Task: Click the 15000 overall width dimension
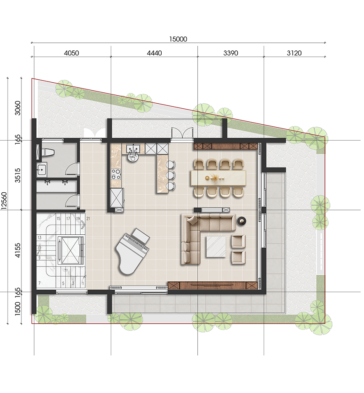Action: click(178, 39)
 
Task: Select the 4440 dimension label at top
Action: click(155, 53)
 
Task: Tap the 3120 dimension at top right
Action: click(294, 53)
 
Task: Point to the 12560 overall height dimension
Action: click(4, 201)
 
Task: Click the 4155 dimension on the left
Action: click(18, 250)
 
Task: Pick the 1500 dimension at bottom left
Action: click(18, 309)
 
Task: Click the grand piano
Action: click(133, 251)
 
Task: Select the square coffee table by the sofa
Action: click(216, 247)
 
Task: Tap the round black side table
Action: click(242, 221)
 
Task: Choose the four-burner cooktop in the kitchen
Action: click(116, 174)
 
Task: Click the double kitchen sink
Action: click(133, 149)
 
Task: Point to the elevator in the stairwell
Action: click(70, 250)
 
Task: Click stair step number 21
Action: click(88, 219)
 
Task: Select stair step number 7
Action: click(39, 283)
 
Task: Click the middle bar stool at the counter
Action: click(170, 174)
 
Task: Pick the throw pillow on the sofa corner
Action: click(193, 220)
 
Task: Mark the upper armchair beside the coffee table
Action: click(238, 241)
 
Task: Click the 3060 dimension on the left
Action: click(18, 108)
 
